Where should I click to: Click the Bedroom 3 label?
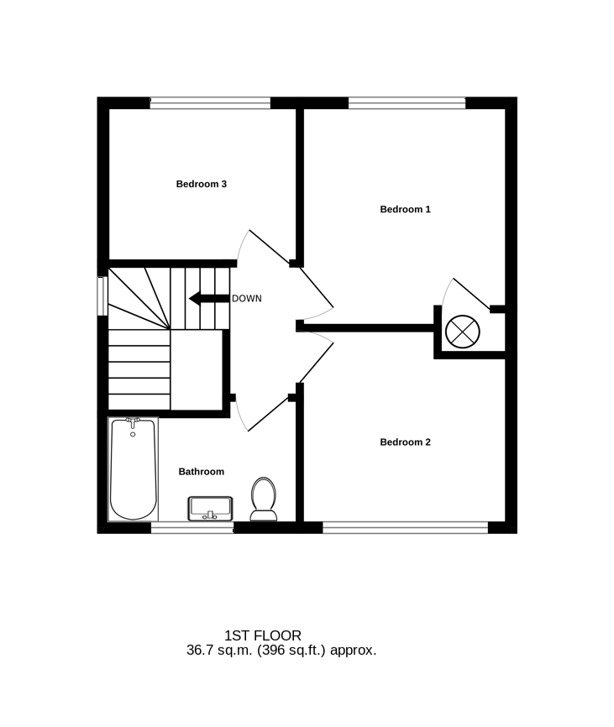click(x=202, y=184)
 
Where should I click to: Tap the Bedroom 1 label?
click(x=406, y=209)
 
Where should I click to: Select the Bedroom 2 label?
click(x=406, y=442)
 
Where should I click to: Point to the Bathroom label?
click(x=202, y=472)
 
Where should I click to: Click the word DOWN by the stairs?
click(x=247, y=299)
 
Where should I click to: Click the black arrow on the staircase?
click(x=209, y=299)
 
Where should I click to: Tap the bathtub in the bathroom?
click(x=133, y=469)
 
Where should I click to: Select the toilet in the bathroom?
click(x=264, y=499)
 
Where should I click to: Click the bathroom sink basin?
click(x=210, y=509)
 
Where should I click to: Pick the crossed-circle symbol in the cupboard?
click(x=462, y=332)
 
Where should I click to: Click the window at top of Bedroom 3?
click(x=210, y=103)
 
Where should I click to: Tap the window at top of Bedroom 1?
click(x=407, y=103)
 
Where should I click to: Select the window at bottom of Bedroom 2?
click(x=406, y=527)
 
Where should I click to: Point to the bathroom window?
click(x=192, y=527)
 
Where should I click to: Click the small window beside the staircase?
click(x=102, y=296)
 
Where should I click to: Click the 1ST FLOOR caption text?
click(x=263, y=635)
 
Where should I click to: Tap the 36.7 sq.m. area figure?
click(x=219, y=651)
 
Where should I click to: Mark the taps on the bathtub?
click(x=133, y=422)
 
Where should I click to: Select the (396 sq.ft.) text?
click(x=291, y=651)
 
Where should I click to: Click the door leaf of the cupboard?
click(x=471, y=294)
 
